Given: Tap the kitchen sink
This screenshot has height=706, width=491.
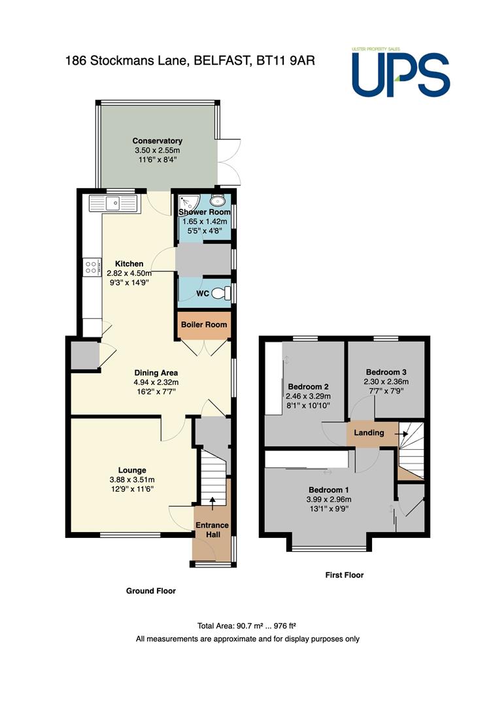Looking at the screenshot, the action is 113,203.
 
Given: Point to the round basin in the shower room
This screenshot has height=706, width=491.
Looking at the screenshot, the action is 218,201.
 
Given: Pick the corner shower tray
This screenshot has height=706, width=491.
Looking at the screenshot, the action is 185,203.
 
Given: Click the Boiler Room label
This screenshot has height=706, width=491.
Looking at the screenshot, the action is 204,325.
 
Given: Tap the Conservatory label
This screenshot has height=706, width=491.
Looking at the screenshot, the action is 157,141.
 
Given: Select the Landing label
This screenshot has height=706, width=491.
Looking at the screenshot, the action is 369,433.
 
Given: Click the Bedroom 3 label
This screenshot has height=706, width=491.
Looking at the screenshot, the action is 386,372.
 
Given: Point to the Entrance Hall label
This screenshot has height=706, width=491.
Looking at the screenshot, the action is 212,529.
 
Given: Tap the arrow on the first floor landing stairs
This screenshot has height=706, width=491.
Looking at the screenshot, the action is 402,434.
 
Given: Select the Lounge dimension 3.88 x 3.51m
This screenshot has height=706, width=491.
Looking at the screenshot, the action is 132,480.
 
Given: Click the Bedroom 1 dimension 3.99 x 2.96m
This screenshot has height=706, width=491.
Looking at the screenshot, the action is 329,499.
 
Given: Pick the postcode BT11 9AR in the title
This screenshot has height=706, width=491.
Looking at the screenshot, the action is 286,60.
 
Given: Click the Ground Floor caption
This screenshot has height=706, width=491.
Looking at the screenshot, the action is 151,591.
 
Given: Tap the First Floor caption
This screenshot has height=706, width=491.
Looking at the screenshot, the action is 345,575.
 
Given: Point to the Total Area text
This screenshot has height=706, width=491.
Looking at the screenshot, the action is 247,626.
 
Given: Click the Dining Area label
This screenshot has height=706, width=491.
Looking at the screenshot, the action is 156,373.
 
